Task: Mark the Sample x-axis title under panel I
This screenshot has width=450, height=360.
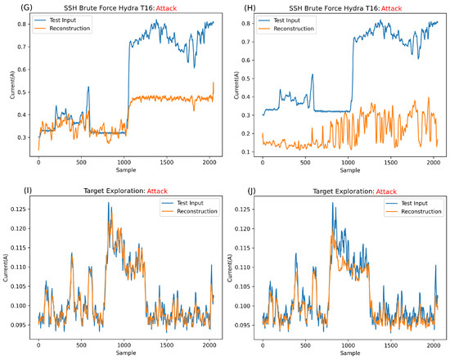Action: click(121, 353)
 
